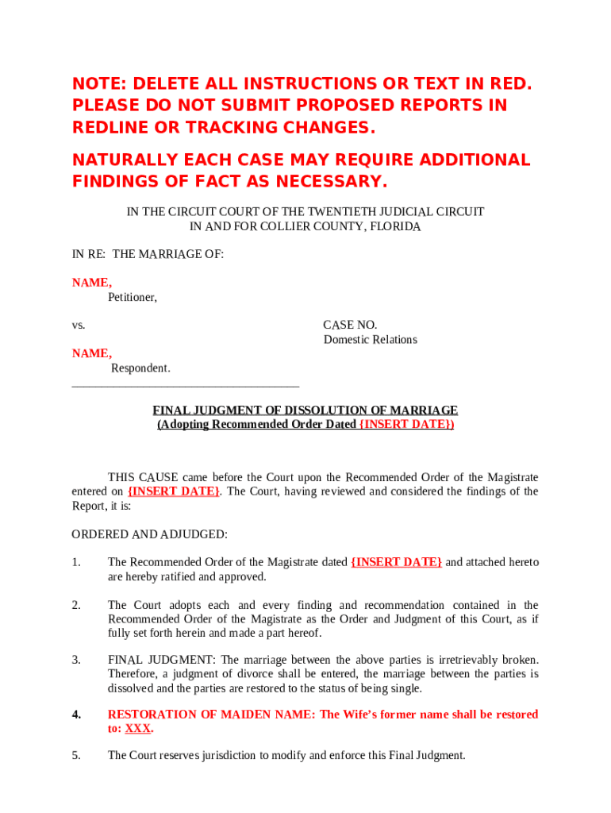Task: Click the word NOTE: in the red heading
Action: coord(99,84)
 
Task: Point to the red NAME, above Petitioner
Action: coord(92,283)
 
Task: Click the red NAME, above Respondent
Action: coord(92,353)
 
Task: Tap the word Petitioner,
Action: coord(133,298)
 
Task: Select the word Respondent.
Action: coord(140,368)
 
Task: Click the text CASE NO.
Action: coord(350,325)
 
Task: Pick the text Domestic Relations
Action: coord(370,340)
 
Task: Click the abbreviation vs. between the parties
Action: coord(79,325)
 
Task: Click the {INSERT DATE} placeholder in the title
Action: coord(406,425)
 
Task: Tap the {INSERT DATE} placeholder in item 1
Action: coord(396,562)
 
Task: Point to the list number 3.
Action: coord(76,660)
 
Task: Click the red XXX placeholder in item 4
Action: coord(139,729)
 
